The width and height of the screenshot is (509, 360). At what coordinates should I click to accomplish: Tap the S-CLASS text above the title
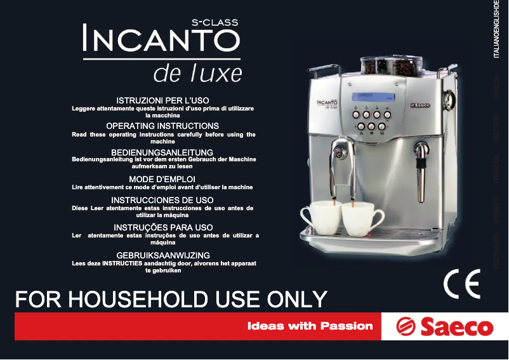[x=215, y=22]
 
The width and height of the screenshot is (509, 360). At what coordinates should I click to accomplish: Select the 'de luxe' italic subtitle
[x=197, y=74]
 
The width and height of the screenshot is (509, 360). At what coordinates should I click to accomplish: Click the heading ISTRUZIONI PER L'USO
[x=162, y=101]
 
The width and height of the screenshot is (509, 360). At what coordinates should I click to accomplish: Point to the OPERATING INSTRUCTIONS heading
[x=162, y=126]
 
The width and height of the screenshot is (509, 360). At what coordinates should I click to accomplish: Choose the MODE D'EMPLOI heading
[x=162, y=179]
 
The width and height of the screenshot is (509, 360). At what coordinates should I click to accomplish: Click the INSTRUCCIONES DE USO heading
[x=162, y=200]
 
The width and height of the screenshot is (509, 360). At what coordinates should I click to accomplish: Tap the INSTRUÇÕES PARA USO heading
[x=163, y=227]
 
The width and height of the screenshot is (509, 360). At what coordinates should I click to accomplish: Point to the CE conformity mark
[x=461, y=285]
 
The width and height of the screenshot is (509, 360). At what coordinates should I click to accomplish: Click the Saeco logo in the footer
[x=444, y=326]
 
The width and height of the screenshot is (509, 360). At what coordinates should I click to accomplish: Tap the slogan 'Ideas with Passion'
[x=310, y=326]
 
